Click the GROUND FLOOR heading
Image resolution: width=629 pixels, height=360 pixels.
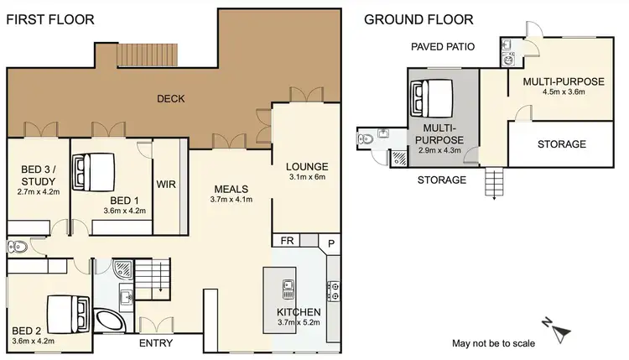pos(418,19)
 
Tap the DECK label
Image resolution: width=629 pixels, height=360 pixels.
pos(171,99)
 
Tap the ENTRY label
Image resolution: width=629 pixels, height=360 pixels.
pos(155,343)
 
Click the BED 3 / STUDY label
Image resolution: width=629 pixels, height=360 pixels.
pos(38,180)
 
